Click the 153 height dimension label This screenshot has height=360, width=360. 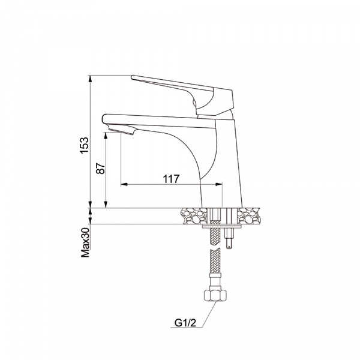[85, 145]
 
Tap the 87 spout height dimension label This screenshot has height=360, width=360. [101, 168]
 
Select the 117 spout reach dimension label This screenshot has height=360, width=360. [171, 179]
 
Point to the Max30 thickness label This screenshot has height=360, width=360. [85, 242]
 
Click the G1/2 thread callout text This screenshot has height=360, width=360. [185, 323]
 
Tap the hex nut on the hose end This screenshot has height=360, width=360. [215, 295]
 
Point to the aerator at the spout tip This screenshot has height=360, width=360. [121, 129]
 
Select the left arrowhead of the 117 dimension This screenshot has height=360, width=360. [124, 184]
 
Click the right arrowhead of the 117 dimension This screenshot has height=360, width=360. [219, 184]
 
